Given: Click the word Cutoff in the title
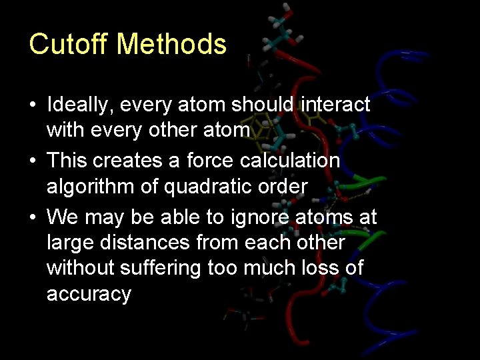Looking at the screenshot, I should coord(69,45).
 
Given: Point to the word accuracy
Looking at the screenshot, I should coord(89,295).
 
